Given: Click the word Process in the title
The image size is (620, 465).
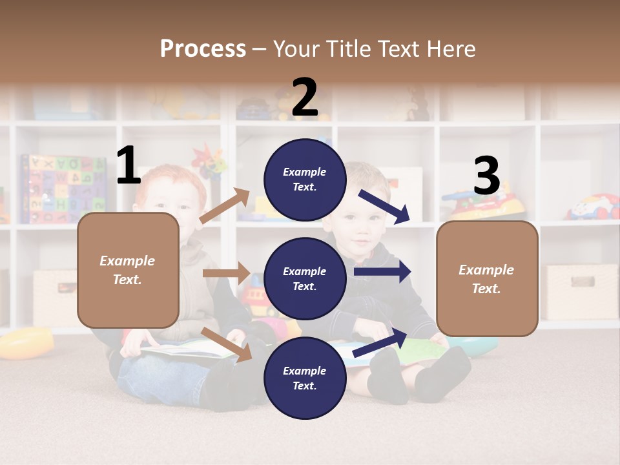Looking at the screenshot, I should coord(203,49).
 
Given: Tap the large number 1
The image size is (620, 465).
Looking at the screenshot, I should coord(129,166).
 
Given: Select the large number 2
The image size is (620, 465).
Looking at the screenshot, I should coord(305,98).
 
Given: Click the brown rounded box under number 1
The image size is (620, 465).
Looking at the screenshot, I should coord(128,270).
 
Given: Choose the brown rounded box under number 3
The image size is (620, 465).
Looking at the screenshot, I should coord(487,278).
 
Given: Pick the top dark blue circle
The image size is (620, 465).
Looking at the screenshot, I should coord(305,180).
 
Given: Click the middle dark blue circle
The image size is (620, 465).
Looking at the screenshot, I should coord(305,278).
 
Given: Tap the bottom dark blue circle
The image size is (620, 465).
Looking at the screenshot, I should coord(305,378).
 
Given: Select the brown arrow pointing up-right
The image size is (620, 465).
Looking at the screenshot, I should coord(225,206).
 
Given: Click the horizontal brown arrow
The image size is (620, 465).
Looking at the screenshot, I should coord(226,273).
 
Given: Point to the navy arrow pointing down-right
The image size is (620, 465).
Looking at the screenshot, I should coord(384,206).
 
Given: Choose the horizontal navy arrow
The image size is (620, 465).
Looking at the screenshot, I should coord(382,272).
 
